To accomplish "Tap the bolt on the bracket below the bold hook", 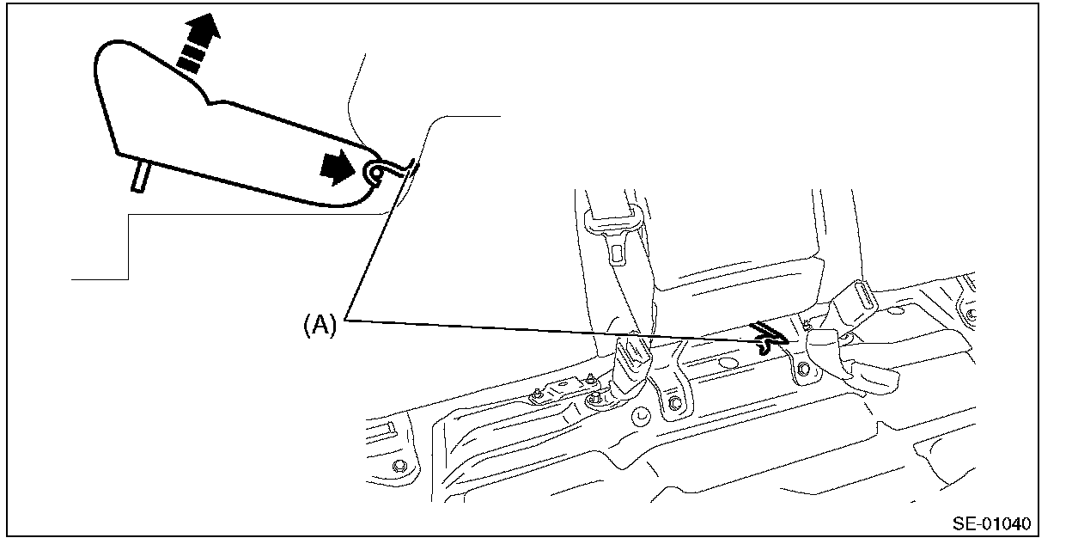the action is [801, 371].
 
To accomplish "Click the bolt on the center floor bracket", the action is [674, 403].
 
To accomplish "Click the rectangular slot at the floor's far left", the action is [384, 430].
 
